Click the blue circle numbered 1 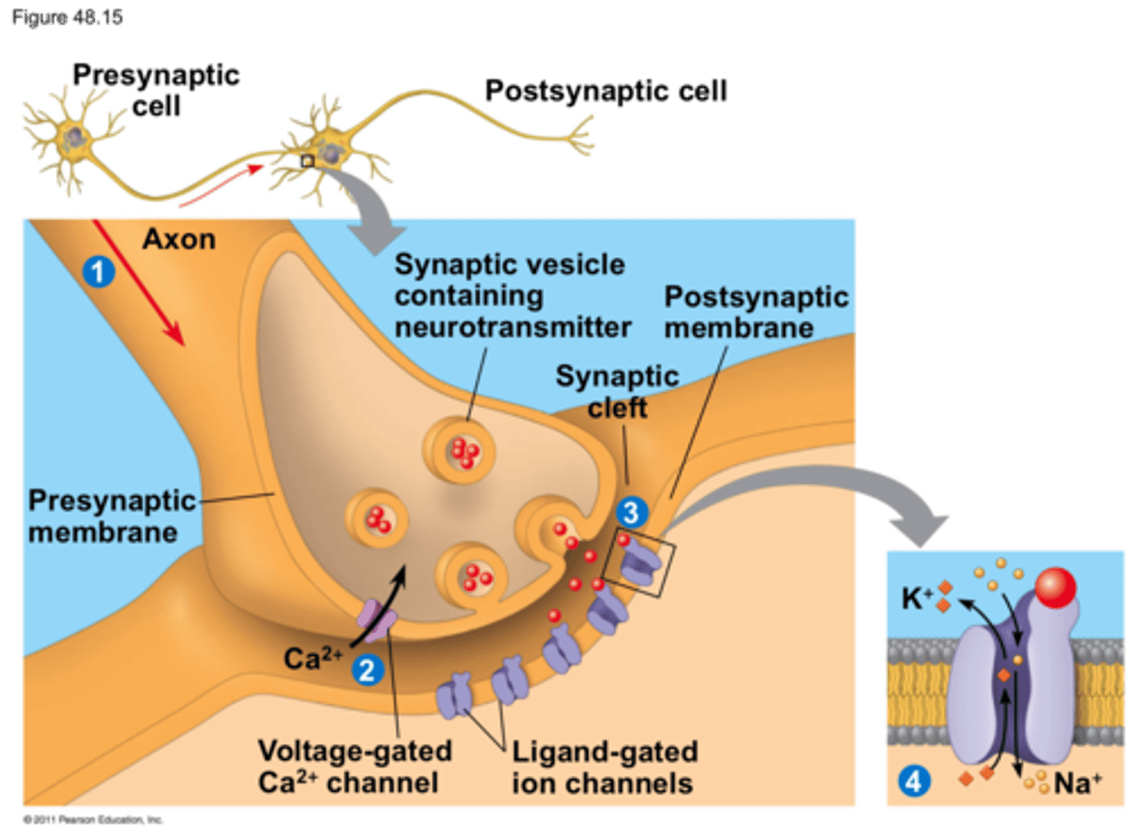coord(98,272)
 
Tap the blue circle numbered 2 coord(366,670)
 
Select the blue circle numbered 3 coord(631,512)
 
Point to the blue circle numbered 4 coord(913,782)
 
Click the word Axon coord(179,239)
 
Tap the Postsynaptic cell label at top coord(605,91)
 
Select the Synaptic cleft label coord(616,392)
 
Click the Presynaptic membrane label coord(112,516)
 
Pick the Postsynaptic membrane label coord(755,312)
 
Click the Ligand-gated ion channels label coord(604,767)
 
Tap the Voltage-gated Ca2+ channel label coord(355,767)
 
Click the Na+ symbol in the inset coord(1078,783)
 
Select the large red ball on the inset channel coord(1055,588)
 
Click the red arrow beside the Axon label coord(138,283)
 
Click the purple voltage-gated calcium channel coord(378,621)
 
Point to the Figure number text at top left coord(67,17)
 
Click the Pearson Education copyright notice coord(93,820)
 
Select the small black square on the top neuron coord(307,161)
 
